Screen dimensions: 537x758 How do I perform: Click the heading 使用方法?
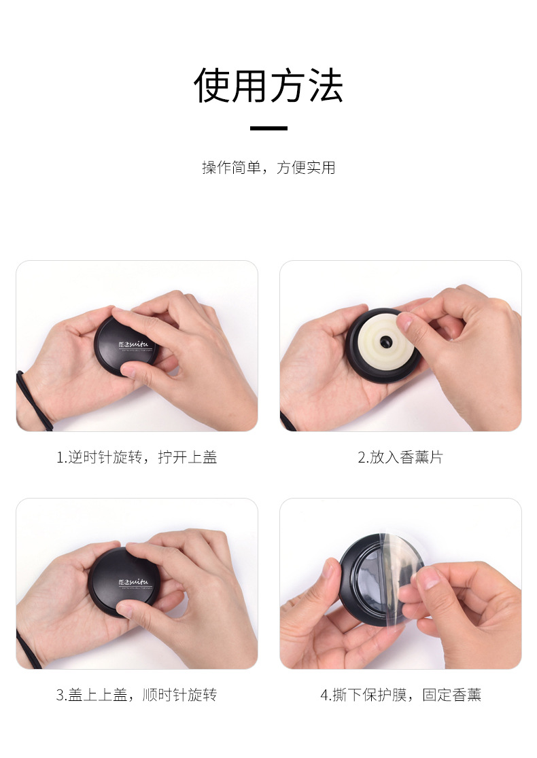268,86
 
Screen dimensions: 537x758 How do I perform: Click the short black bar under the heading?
268,128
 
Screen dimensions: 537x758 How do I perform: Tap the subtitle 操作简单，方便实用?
268,167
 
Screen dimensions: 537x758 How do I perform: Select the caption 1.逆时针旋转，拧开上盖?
137,457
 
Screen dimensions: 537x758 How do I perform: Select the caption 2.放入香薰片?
400,457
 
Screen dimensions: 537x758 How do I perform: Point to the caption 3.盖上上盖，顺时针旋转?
137,695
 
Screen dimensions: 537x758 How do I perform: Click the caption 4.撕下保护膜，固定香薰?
400,695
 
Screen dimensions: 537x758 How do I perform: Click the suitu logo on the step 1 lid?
133,344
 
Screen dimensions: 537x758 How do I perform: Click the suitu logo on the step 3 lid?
133,582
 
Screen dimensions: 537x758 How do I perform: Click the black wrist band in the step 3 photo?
29,649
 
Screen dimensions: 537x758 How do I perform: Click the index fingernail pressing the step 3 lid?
125,609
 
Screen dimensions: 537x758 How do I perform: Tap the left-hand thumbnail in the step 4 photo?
332,571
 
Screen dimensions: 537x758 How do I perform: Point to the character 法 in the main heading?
326,86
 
